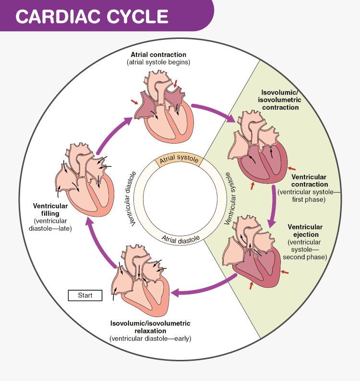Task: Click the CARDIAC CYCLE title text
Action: [92, 15]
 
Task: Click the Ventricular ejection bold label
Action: [305, 231]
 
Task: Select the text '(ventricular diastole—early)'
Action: [150, 338]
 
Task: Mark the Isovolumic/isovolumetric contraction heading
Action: [280, 99]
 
